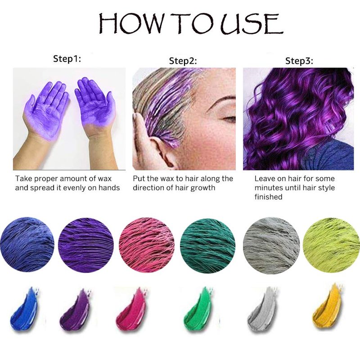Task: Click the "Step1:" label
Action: pyautogui.click(x=67, y=59)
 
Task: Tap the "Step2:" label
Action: pyautogui.click(x=183, y=61)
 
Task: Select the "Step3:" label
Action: pyautogui.click(x=299, y=61)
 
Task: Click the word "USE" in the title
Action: pyautogui.click(x=252, y=24)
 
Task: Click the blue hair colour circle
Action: pyautogui.click(x=27, y=245)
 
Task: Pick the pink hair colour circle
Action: pyautogui.click(x=147, y=245)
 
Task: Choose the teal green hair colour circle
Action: pyautogui.click(x=207, y=245)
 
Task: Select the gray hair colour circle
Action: pyautogui.click(x=271, y=245)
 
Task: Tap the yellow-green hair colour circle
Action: pyautogui.click(x=332, y=245)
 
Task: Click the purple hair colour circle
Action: pyautogui.click(x=85, y=245)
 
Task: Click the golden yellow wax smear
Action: pyautogui.click(x=327, y=307)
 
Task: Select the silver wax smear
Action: pyautogui.click(x=263, y=309)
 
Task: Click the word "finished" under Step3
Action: pyautogui.click(x=268, y=197)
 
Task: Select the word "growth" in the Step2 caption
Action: pyautogui.click(x=203, y=188)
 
